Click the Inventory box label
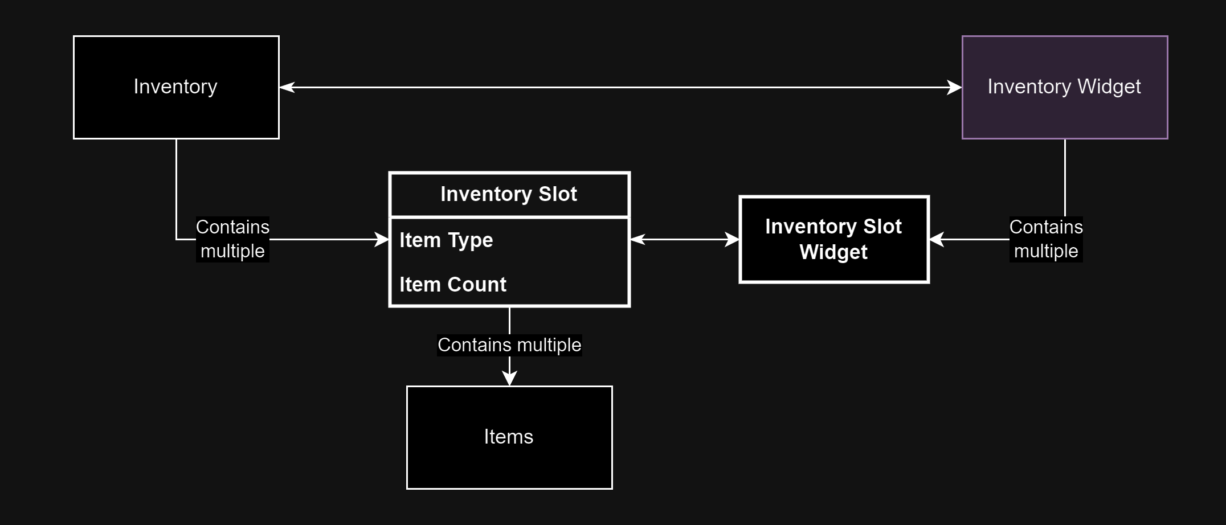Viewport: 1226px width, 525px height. [175, 87]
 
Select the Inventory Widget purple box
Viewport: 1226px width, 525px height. [1065, 87]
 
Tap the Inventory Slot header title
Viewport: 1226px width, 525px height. [509, 194]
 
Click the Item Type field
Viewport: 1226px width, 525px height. [446, 240]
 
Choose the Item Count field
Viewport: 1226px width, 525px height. [453, 284]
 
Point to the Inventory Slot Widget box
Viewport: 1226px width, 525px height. [834, 239]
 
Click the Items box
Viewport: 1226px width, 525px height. [509, 437]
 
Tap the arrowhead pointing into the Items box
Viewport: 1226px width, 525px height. [509, 378]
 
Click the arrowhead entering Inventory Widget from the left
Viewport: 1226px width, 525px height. [954, 87]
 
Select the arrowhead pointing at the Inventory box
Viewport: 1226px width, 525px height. [287, 87]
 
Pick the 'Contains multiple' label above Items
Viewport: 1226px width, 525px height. [509, 345]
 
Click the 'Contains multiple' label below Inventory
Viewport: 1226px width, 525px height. [232, 239]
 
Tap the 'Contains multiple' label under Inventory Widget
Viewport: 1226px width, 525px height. [1046, 239]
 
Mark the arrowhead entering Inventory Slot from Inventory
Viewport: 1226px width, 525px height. [382, 240]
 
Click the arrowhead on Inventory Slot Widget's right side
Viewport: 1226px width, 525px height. [937, 240]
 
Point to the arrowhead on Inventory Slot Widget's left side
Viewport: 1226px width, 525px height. [731, 240]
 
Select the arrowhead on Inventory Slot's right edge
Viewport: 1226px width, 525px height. [637, 240]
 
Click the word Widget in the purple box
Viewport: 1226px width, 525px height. [1109, 87]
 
